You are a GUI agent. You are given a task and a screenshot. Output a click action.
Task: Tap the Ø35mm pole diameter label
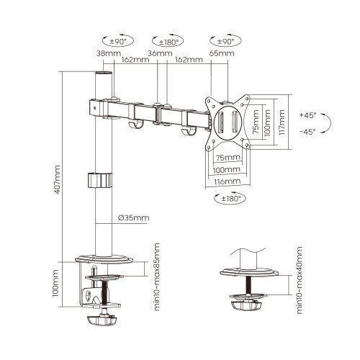[x=135, y=218]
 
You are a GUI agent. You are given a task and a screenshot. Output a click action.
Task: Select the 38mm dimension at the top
[x=102, y=53]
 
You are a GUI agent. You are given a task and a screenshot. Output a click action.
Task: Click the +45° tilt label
[x=307, y=114]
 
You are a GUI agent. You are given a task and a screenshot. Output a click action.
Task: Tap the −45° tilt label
[x=307, y=131]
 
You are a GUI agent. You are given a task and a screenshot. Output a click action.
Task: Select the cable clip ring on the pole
[x=102, y=180]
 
